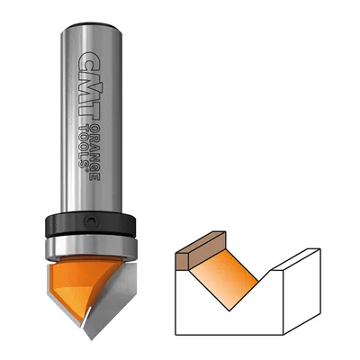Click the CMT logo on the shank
(x=89, y=86)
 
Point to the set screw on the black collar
(x=90, y=222)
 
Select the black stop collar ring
(x=91, y=224)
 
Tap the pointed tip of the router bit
(x=91, y=339)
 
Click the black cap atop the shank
(x=91, y=25)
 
